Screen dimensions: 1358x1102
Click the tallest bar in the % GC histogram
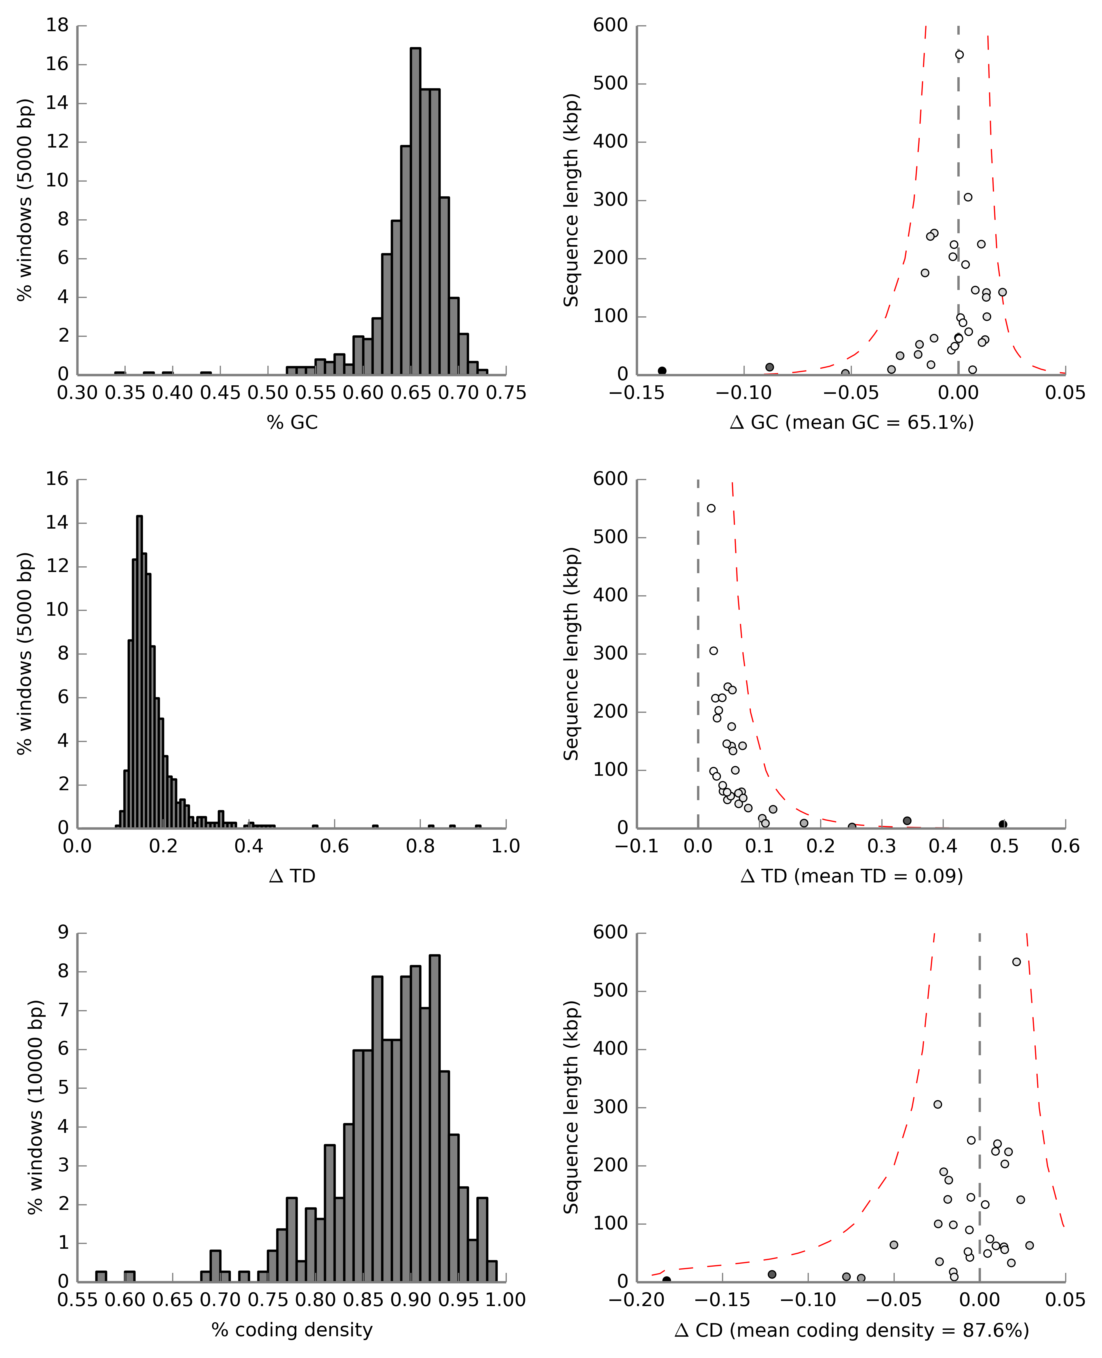point(415,210)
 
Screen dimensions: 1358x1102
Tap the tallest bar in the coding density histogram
point(434,1118)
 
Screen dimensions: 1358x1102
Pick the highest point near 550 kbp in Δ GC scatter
point(959,55)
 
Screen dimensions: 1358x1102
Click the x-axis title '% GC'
point(292,422)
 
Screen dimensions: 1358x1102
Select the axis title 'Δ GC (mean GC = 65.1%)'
point(851,422)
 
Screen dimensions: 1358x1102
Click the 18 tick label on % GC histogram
point(57,26)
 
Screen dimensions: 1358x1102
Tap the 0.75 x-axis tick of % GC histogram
point(506,393)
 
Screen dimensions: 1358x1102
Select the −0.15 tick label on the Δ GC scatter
point(637,393)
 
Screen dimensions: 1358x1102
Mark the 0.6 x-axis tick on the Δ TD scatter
point(1065,847)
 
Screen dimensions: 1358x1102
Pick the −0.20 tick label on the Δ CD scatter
point(637,1300)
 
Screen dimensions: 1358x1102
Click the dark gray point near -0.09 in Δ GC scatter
point(769,367)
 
